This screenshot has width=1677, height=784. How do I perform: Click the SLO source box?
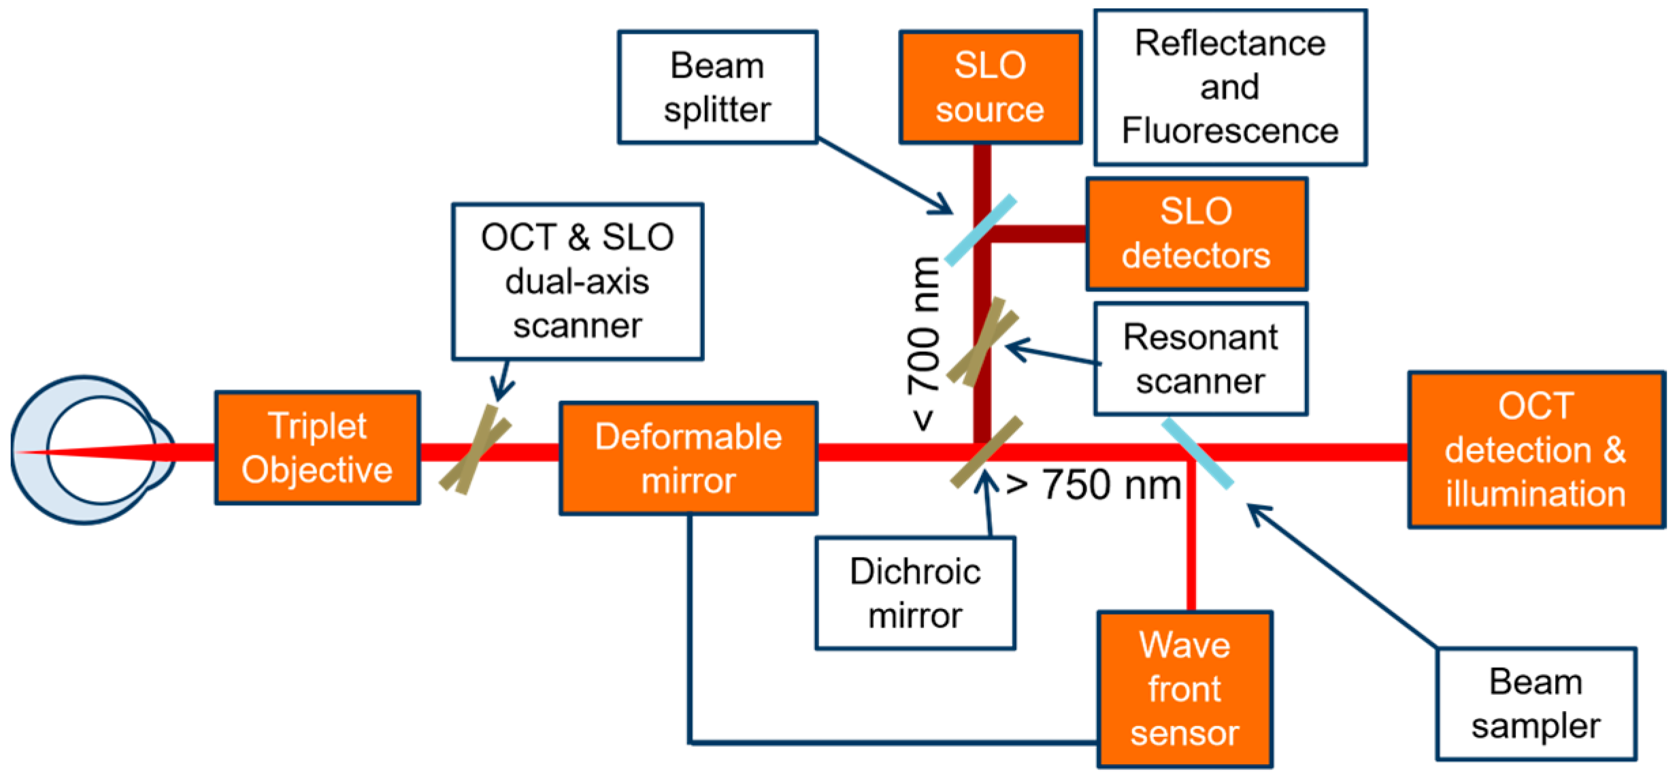coord(990,87)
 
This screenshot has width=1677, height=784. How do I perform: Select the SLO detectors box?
coord(1196,233)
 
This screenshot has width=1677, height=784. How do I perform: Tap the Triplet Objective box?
coord(317,448)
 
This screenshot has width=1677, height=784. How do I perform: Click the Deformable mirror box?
coord(688,458)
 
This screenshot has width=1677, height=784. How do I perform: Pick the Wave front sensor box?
coord(1184,689)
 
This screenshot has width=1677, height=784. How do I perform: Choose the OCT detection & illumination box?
coord(1536,450)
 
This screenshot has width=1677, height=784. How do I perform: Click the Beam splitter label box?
coord(717,87)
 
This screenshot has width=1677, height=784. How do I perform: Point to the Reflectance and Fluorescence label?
coord(1230,87)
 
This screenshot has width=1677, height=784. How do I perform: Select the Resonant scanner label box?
coord(1200,359)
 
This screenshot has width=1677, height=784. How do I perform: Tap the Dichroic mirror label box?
coord(915,593)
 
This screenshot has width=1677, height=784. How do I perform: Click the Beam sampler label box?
coord(1535,704)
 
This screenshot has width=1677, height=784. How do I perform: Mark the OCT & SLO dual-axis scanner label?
coord(577,281)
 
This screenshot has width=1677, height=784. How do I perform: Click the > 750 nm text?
coord(1093,485)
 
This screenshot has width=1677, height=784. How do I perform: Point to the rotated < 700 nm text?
coord(924,344)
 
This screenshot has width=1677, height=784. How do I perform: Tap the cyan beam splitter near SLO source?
coord(980,231)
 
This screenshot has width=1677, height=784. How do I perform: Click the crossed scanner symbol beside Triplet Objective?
coord(475,450)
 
